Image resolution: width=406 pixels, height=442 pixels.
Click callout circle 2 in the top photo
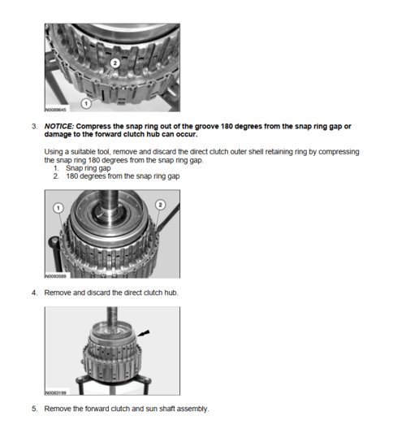(x=114, y=63)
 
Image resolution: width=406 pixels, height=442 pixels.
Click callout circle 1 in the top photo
(x=86, y=103)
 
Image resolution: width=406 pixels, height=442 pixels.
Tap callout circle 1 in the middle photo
(x=58, y=208)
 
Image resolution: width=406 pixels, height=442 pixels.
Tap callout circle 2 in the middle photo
(x=160, y=205)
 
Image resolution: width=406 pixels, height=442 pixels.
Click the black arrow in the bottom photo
(x=144, y=333)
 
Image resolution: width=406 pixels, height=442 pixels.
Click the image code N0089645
(x=55, y=110)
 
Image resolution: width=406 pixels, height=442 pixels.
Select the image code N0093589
(x=55, y=276)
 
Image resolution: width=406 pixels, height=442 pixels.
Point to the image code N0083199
(x=55, y=392)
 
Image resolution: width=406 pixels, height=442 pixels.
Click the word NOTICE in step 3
(x=58, y=126)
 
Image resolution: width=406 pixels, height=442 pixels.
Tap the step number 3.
(x=34, y=126)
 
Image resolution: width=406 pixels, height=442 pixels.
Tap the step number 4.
(x=34, y=292)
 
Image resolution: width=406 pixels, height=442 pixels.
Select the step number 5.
(x=34, y=409)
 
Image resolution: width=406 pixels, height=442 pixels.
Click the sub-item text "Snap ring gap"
(x=89, y=168)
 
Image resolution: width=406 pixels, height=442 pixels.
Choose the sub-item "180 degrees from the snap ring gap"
(x=123, y=176)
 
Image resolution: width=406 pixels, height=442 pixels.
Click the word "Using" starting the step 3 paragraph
(x=54, y=152)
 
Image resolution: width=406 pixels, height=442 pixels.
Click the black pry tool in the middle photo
(x=167, y=219)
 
